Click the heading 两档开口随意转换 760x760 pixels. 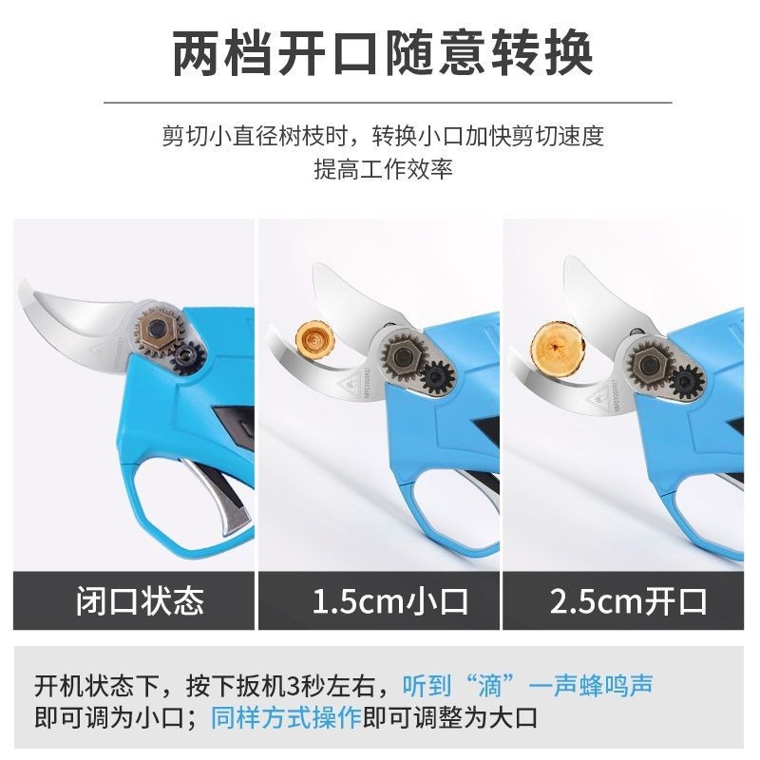click(380, 54)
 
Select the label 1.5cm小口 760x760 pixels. click(380, 601)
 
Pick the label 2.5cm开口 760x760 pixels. click(628, 601)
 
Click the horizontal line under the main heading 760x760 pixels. click(380, 102)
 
